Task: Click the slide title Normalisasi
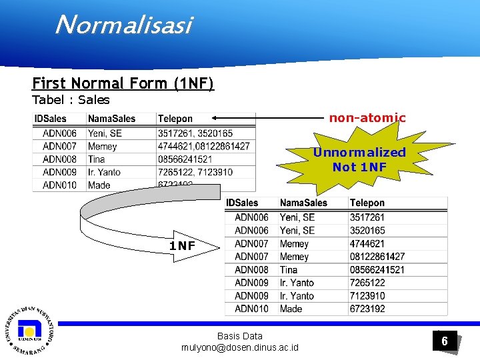[124, 25]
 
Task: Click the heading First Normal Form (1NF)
[123, 84]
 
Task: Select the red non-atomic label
[367, 118]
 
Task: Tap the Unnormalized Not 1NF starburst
[359, 159]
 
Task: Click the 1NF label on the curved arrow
[182, 246]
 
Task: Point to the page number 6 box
[443, 341]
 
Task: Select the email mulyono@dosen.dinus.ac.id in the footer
[240, 348]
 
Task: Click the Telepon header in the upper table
[175, 119]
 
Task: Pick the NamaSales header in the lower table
[303, 203]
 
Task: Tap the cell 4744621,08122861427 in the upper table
[204, 146]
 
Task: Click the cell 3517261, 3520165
[195, 133]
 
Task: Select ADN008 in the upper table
[59, 159]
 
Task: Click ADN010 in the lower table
[251, 309]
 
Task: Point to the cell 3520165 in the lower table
[367, 231]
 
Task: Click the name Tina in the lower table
[289, 270]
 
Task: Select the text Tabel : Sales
[71, 100]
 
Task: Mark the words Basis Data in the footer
[240, 336]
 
